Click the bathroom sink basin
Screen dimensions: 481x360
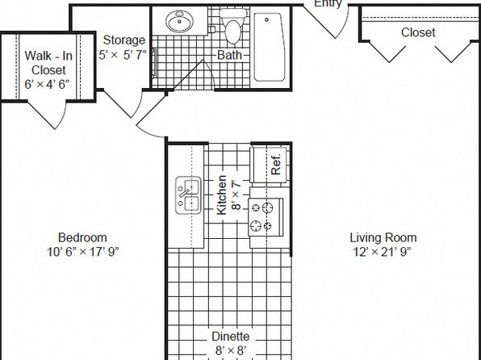(x=180, y=21)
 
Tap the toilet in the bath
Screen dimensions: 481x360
(x=233, y=26)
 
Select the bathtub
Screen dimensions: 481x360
(x=270, y=47)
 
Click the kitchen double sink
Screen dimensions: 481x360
(x=188, y=195)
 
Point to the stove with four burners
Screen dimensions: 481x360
(x=266, y=217)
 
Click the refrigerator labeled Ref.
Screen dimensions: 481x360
(x=270, y=165)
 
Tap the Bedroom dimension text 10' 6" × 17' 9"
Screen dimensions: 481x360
(x=82, y=252)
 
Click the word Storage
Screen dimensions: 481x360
(x=124, y=40)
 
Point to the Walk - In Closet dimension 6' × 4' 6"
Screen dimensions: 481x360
(x=47, y=84)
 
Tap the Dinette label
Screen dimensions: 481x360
(x=230, y=337)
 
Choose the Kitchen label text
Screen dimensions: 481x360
(x=221, y=195)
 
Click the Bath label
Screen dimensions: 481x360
(x=229, y=55)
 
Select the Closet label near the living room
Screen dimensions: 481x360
(x=418, y=32)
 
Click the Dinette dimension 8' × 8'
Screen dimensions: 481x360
(x=231, y=350)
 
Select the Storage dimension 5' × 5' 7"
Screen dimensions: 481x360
(x=123, y=55)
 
